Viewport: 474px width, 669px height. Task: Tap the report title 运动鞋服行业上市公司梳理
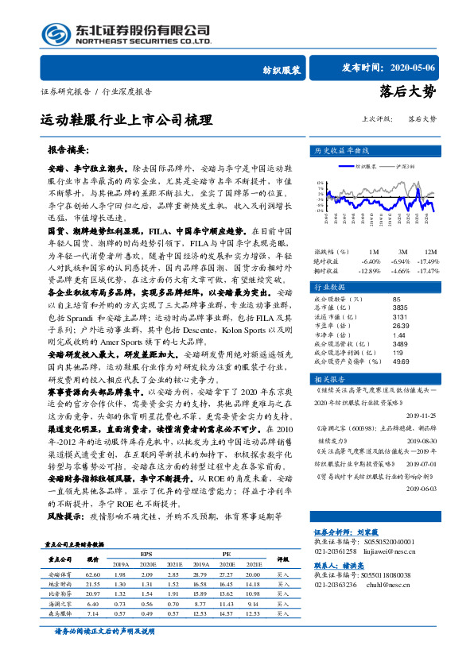[x=127, y=121]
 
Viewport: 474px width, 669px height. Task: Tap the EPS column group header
[x=146, y=576]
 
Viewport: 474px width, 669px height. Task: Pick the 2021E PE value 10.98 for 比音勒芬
[x=253, y=615]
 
